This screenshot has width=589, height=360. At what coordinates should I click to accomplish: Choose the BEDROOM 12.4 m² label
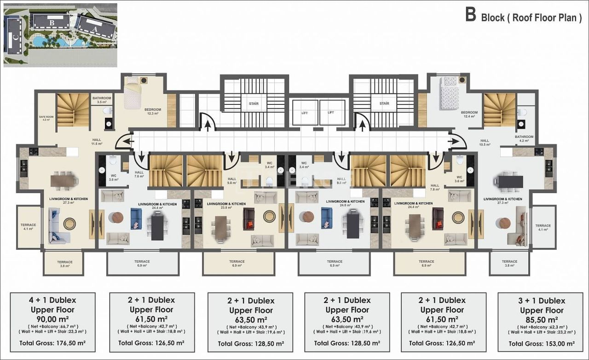(469, 114)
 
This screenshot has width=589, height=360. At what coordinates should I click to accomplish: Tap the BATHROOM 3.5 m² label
(102, 100)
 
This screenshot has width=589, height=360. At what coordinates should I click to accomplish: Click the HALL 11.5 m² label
(96, 142)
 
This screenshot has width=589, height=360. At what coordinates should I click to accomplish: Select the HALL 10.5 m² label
(485, 143)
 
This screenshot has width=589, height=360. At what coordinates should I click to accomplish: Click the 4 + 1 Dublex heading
(52, 300)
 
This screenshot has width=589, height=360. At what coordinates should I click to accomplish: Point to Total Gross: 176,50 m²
(52, 343)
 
